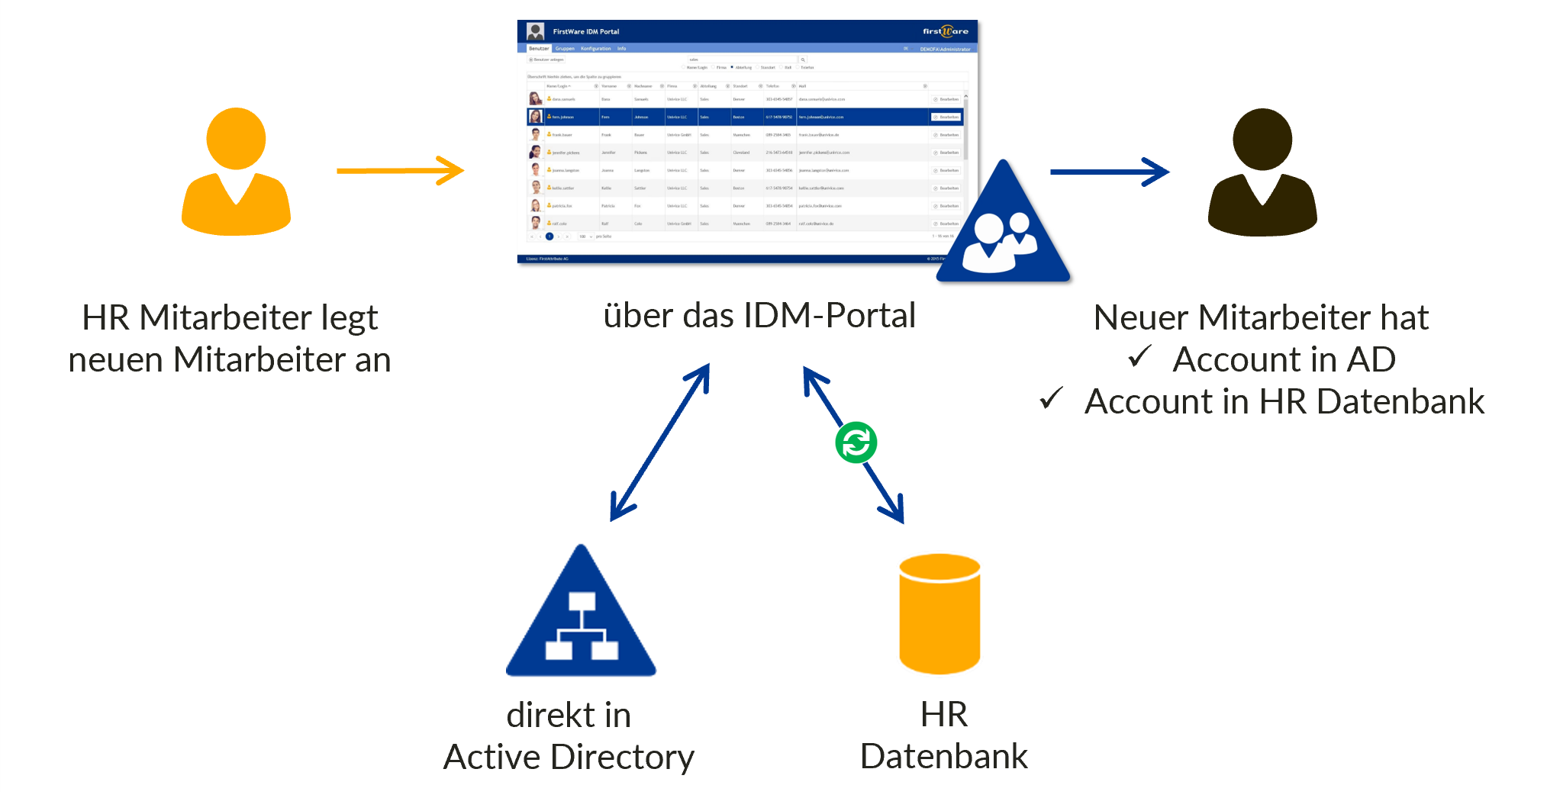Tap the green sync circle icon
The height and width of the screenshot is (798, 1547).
[856, 442]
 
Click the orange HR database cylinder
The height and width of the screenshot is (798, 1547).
[939, 614]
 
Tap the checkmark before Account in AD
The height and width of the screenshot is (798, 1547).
[1139, 356]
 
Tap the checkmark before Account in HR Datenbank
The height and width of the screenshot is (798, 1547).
[1051, 398]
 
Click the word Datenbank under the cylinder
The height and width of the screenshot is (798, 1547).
[943, 757]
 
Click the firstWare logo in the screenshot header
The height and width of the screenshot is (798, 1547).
[945, 31]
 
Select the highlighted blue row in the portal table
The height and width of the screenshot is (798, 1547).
[744, 117]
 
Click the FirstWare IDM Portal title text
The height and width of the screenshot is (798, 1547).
[585, 31]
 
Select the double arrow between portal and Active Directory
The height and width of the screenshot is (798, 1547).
[661, 442]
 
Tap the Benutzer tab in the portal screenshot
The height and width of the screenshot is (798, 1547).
[539, 48]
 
